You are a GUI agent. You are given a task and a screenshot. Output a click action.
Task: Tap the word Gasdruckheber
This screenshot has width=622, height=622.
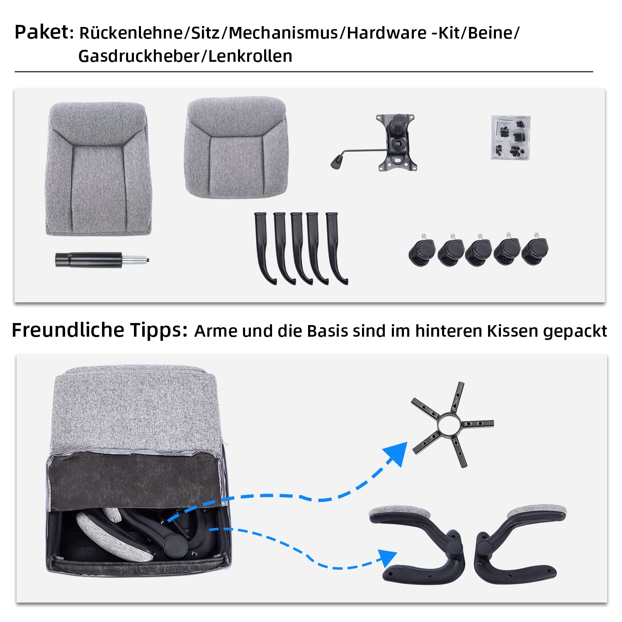(x=139, y=56)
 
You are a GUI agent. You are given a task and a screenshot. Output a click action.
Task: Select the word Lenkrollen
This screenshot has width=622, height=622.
(x=250, y=56)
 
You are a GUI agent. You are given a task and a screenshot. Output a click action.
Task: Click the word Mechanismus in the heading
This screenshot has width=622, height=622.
(x=283, y=33)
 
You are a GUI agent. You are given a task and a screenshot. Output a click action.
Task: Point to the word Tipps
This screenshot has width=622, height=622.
(x=159, y=330)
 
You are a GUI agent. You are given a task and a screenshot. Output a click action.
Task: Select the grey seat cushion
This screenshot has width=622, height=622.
(x=236, y=147)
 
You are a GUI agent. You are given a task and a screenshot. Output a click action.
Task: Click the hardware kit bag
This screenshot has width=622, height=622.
(x=511, y=138)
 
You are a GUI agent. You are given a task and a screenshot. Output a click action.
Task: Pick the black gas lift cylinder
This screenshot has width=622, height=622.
(x=89, y=260)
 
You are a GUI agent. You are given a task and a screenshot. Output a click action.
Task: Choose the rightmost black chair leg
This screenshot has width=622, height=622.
(x=336, y=248)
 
